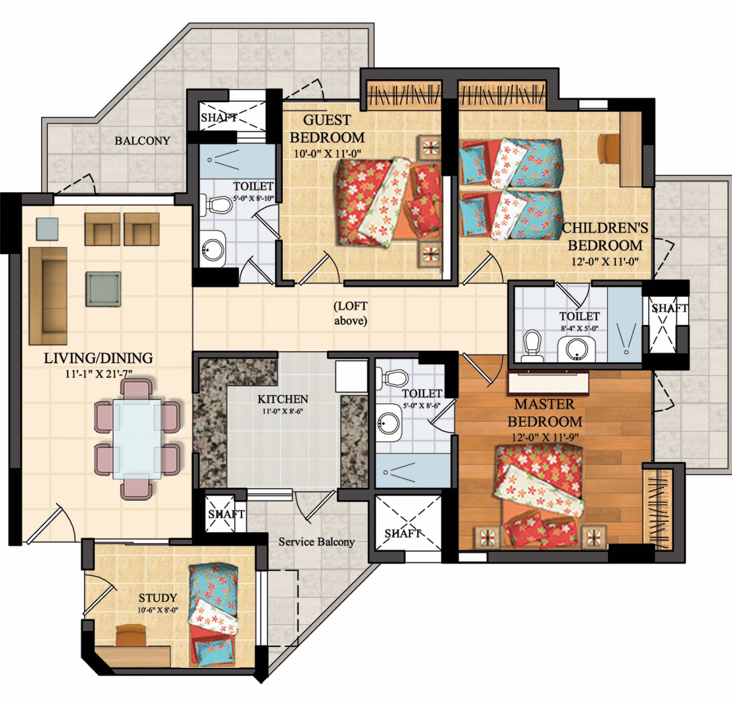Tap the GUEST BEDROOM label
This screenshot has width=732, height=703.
point(327,129)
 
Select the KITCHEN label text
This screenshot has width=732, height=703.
point(283,399)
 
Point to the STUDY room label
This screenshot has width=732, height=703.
point(158,598)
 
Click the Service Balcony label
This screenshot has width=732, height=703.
point(316,542)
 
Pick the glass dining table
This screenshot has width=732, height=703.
point(137,439)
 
